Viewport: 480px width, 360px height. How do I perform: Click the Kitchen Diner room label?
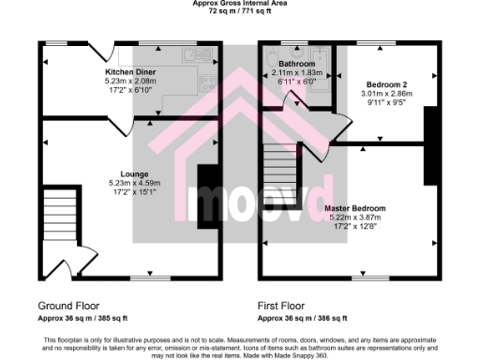coord(130,72)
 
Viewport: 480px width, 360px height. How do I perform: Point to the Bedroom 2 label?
coord(385,84)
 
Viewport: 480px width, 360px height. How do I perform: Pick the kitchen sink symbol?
coord(197,56)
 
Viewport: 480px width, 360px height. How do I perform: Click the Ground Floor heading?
coord(69,307)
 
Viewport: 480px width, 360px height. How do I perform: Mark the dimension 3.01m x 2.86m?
coord(386,95)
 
